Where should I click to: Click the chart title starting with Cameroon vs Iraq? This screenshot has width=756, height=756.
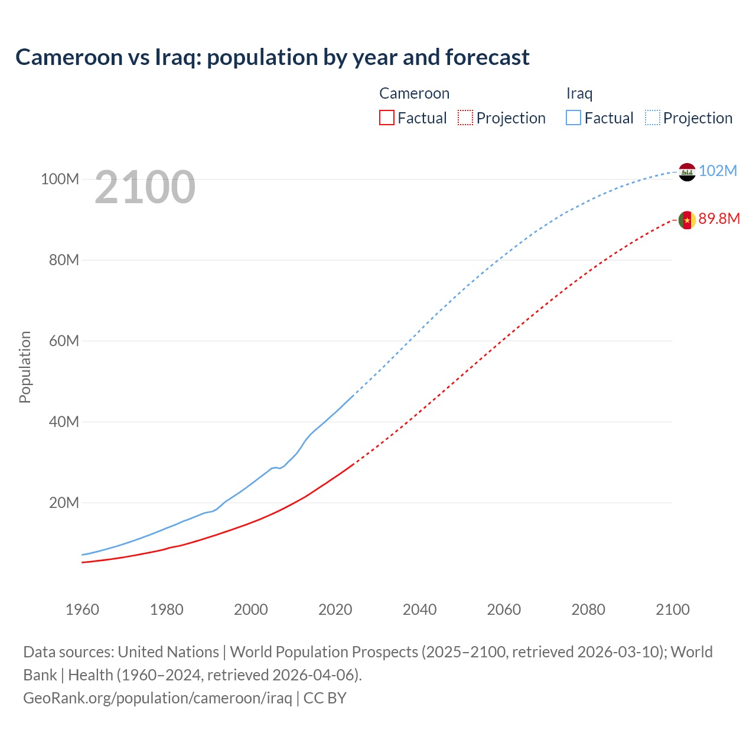272,57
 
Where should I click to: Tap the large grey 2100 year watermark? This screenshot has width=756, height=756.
145,187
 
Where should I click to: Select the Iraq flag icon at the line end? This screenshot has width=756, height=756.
687,172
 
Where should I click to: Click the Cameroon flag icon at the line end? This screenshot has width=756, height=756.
687,220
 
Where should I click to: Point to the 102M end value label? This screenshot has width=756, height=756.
718,171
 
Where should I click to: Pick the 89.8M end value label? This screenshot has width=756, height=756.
719,219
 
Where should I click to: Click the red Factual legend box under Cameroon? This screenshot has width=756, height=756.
387,118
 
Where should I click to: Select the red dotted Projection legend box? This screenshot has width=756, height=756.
465,118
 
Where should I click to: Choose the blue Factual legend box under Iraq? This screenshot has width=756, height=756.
573,118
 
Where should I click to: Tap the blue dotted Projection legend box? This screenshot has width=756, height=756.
653,118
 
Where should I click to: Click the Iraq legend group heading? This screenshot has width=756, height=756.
579,93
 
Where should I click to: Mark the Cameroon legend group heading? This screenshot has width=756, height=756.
414,93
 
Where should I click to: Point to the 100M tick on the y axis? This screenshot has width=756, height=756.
60,179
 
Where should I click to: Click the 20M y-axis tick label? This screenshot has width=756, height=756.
64,503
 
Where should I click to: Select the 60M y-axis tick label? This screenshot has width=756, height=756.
64,341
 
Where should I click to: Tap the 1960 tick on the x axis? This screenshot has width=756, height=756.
82,610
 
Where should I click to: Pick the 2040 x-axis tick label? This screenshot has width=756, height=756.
419,610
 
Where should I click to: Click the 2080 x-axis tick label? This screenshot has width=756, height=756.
588,610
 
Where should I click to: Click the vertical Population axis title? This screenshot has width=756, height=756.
25,367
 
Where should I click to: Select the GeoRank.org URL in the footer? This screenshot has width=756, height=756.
158,698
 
